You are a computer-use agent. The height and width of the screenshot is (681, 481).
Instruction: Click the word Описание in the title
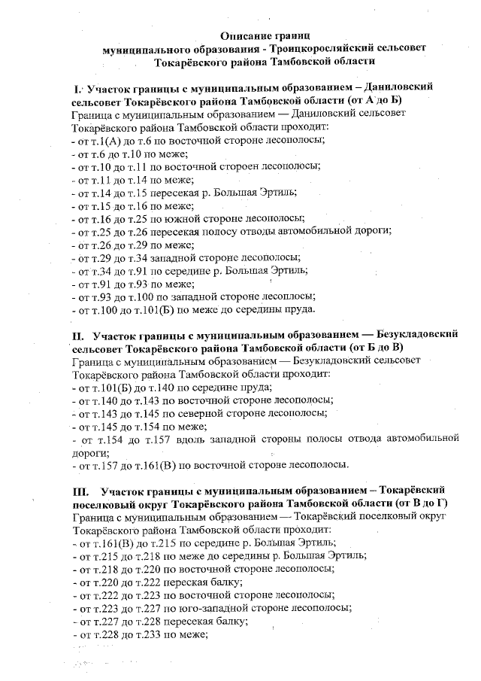click(246, 35)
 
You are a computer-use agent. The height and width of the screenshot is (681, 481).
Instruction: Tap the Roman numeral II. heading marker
click(78, 334)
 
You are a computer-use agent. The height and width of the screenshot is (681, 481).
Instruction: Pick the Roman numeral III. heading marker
click(80, 490)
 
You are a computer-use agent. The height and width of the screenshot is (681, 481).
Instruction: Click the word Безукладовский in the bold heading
click(418, 334)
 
